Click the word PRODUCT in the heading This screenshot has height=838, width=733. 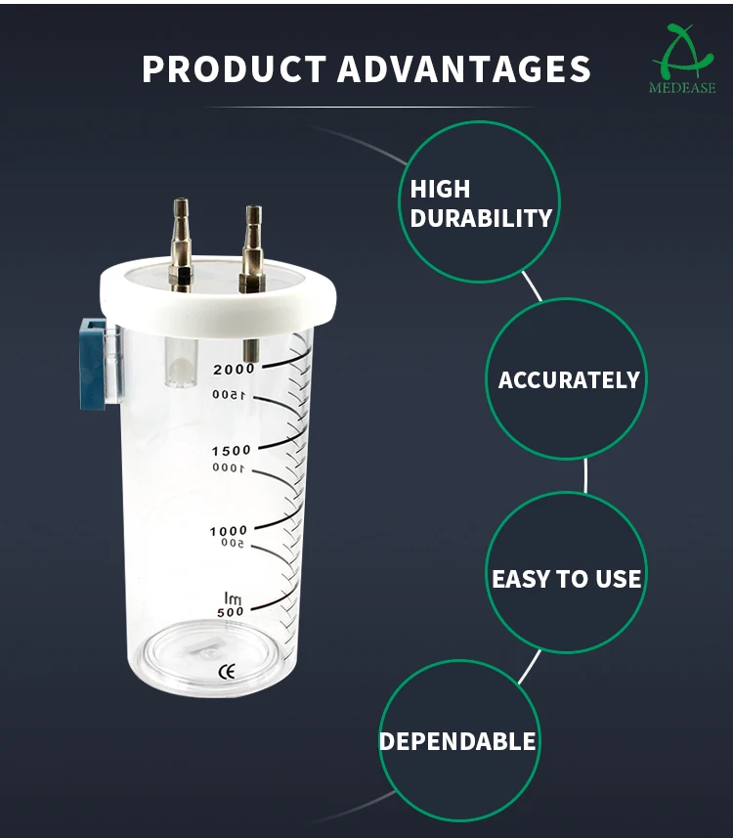click(234, 69)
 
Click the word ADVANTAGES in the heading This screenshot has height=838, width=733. click(464, 69)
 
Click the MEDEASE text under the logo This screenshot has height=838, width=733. click(682, 88)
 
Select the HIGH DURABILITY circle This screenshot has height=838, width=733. click(480, 202)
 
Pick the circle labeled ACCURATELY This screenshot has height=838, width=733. click(568, 379)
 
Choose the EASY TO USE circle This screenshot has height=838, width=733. click(566, 578)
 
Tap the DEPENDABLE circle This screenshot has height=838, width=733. click(458, 740)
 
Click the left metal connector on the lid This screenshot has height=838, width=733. click(180, 244)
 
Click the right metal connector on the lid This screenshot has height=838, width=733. click(253, 248)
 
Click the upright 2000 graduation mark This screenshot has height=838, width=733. click(233, 369)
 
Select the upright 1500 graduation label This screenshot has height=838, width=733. click(230, 450)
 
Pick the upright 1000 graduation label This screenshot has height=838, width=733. click(229, 530)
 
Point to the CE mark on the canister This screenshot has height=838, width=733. click(226, 671)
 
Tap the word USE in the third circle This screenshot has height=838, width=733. click(618, 578)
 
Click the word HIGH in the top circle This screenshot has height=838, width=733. click(440, 189)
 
